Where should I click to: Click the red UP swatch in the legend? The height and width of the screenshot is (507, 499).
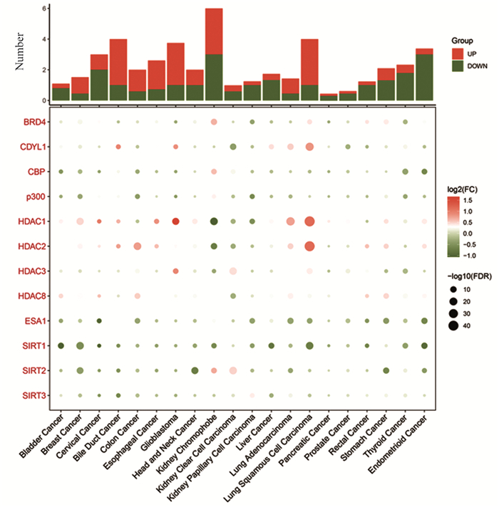458,53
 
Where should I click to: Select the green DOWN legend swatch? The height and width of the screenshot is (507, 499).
458,66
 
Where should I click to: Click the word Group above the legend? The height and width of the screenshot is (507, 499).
463,41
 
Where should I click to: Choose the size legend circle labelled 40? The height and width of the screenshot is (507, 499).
454,325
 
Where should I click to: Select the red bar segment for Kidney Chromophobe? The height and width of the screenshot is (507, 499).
214,31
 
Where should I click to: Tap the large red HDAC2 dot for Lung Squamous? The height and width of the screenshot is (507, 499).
309,246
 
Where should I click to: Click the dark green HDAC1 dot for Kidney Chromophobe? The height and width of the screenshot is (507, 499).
214,221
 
